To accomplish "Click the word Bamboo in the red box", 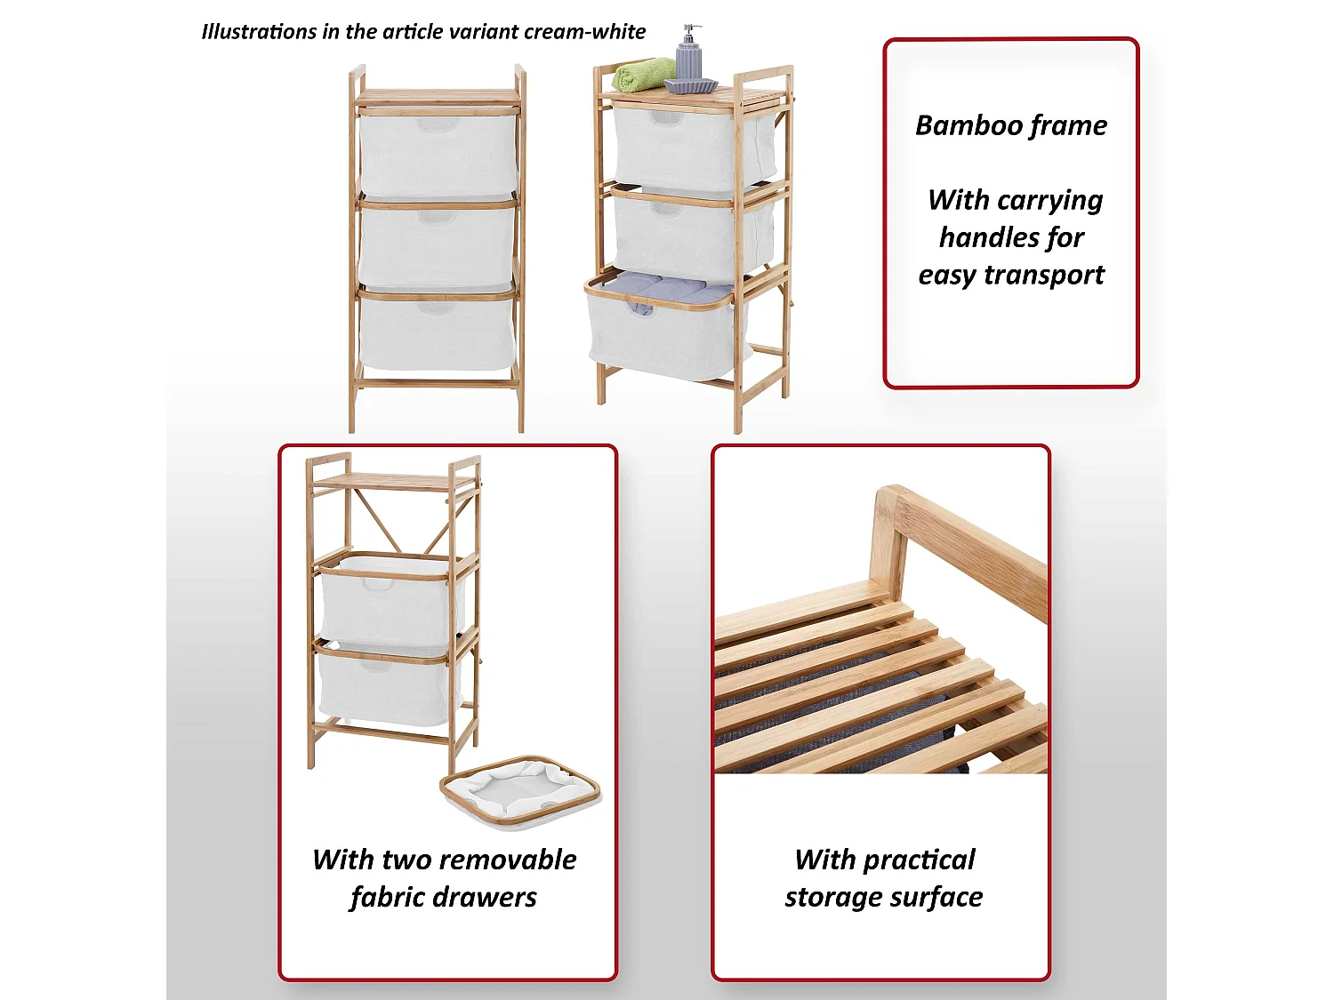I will (x=958, y=125).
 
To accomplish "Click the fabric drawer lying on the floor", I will (x=520, y=791).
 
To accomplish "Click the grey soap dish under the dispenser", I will (x=691, y=86).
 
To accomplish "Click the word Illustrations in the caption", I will (x=259, y=32).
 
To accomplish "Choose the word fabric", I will (x=389, y=898).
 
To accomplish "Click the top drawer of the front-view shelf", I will (x=438, y=154).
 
